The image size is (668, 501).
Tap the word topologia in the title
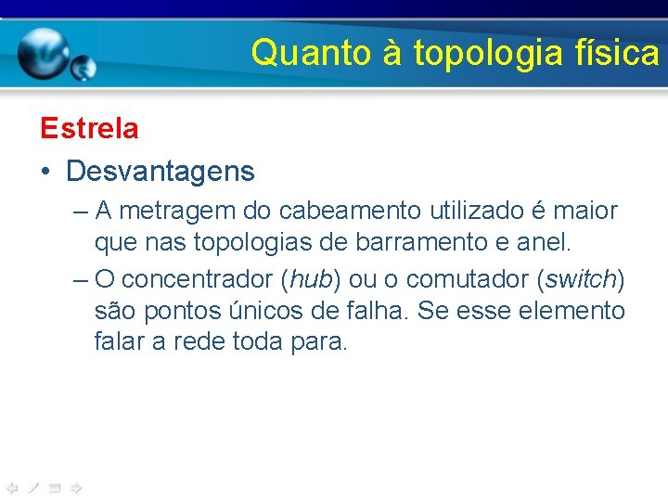click(488, 53)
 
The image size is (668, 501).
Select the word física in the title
click(615, 53)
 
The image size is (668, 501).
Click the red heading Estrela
click(89, 128)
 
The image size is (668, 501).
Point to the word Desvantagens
click(161, 171)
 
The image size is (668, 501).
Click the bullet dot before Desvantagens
click(45, 172)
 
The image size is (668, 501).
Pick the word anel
click(547, 243)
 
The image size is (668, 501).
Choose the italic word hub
click(310, 278)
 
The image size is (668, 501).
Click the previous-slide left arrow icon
click(12, 487)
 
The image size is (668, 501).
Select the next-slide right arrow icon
click(77, 487)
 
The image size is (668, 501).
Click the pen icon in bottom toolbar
click(33, 487)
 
